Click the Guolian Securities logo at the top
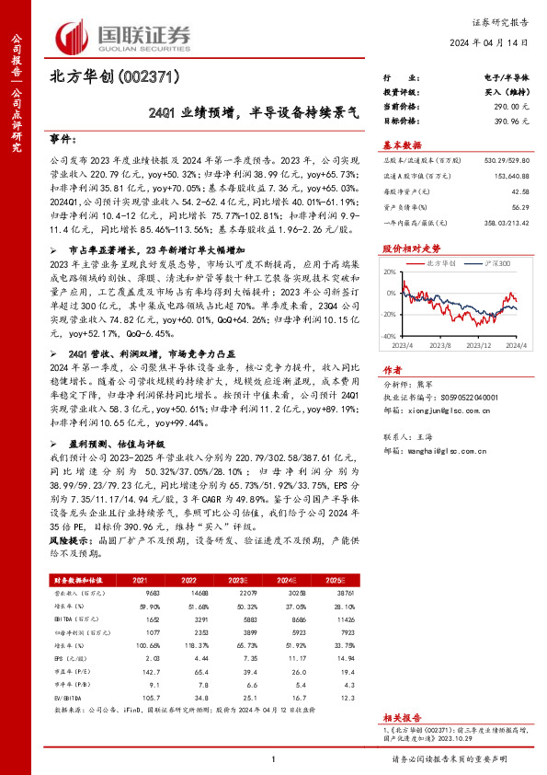(124, 34)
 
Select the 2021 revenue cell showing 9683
(141, 593)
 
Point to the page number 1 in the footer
(273, 757)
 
